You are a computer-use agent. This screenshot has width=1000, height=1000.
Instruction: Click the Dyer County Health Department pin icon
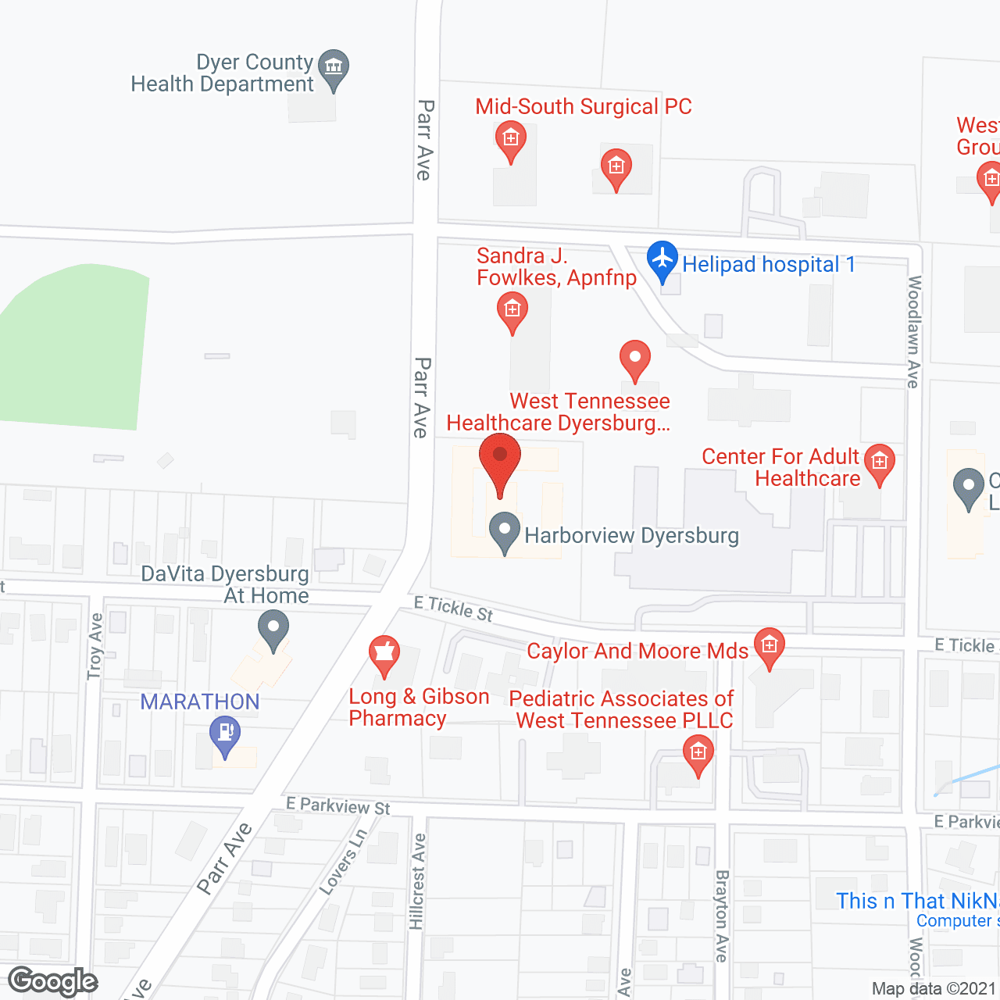click(334, 68)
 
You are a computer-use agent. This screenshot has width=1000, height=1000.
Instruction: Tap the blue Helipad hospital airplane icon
click(662, 259)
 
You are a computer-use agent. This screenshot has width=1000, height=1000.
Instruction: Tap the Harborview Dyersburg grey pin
click(505, 530)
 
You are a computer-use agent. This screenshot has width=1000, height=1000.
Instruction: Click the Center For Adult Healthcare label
click(781, 467)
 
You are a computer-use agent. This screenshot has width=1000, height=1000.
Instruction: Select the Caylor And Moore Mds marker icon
click(770, 646)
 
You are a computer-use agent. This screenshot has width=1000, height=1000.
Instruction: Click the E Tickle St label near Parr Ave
click(454, 609)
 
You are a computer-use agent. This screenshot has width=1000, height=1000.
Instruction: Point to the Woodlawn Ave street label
click(913, 331)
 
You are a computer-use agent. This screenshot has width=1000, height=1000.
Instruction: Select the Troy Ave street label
click(95, 646)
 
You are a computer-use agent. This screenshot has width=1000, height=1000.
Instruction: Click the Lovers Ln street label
click(343, 862)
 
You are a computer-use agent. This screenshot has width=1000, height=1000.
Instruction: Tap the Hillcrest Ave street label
click(418, 881)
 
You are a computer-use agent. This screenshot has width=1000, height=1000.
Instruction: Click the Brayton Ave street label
click(721, 916)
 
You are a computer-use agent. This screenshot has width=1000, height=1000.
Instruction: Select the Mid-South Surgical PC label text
click(584, 106)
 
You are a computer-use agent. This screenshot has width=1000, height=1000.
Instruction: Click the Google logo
click(53, 981)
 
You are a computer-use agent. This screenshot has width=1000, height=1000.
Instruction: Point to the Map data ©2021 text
click(934, 989)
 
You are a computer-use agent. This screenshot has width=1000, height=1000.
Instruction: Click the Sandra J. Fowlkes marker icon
click(512, 310)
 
